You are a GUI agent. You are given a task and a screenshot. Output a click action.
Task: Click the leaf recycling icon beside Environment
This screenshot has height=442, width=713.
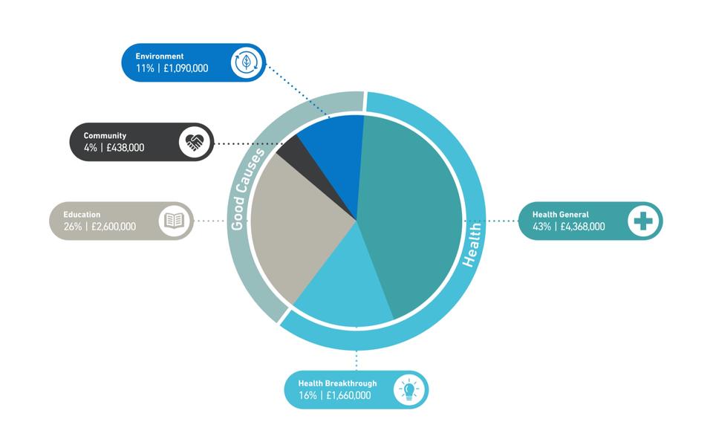[247, 62]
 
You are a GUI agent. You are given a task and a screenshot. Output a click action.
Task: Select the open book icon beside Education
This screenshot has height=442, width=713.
[174, 221]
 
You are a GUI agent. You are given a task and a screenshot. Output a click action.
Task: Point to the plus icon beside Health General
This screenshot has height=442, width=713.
[643, 221]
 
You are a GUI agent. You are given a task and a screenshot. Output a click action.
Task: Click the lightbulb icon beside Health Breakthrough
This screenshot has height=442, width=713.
[409, 390]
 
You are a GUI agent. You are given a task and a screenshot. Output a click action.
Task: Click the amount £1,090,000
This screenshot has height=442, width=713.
[186, 68]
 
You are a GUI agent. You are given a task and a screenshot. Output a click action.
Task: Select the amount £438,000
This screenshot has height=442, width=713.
[125, 148]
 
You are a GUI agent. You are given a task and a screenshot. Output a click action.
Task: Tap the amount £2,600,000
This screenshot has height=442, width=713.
[114, 227]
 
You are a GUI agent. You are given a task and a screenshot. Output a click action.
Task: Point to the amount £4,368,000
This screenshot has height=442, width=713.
[582, 227]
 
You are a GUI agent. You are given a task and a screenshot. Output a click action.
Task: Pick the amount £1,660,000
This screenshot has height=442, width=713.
[349, 396]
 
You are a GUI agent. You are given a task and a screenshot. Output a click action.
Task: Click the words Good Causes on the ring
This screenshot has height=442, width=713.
[246, 189]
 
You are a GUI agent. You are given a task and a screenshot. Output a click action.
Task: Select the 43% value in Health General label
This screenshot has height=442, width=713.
[541, 227]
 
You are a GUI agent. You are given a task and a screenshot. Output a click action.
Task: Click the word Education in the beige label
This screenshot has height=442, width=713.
[82, 215]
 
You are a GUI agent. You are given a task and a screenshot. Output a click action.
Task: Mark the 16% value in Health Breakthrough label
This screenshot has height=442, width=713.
[307, 396]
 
